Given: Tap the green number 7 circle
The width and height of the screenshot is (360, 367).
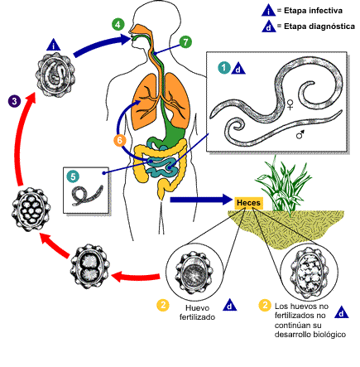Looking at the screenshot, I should (185, 41).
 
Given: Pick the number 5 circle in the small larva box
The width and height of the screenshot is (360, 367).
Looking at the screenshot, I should (74, 176).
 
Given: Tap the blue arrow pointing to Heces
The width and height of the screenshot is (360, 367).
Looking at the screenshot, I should (199, 200).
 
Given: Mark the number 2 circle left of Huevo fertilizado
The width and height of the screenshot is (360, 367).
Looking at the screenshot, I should (163, 306).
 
